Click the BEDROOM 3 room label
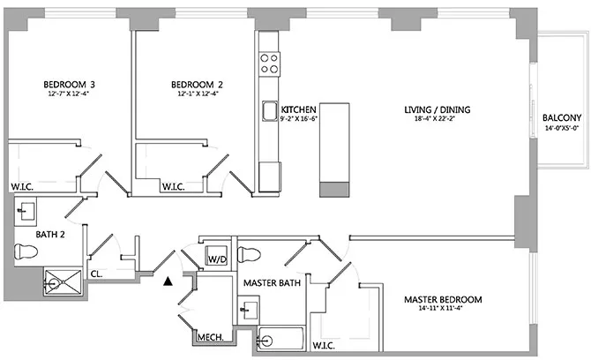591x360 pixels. [69, 86]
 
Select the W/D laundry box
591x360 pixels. [216, 259]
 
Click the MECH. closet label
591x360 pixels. [208, 337]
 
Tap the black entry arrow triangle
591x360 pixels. [167, 281]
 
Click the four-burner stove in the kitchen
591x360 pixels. [270, 62]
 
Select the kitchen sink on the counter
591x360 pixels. [269, 110]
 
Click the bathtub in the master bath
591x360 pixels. [280, 339]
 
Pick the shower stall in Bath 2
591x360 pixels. [64, 282]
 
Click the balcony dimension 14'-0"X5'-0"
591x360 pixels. [561, 129]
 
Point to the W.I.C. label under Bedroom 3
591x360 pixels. [22, 187]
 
